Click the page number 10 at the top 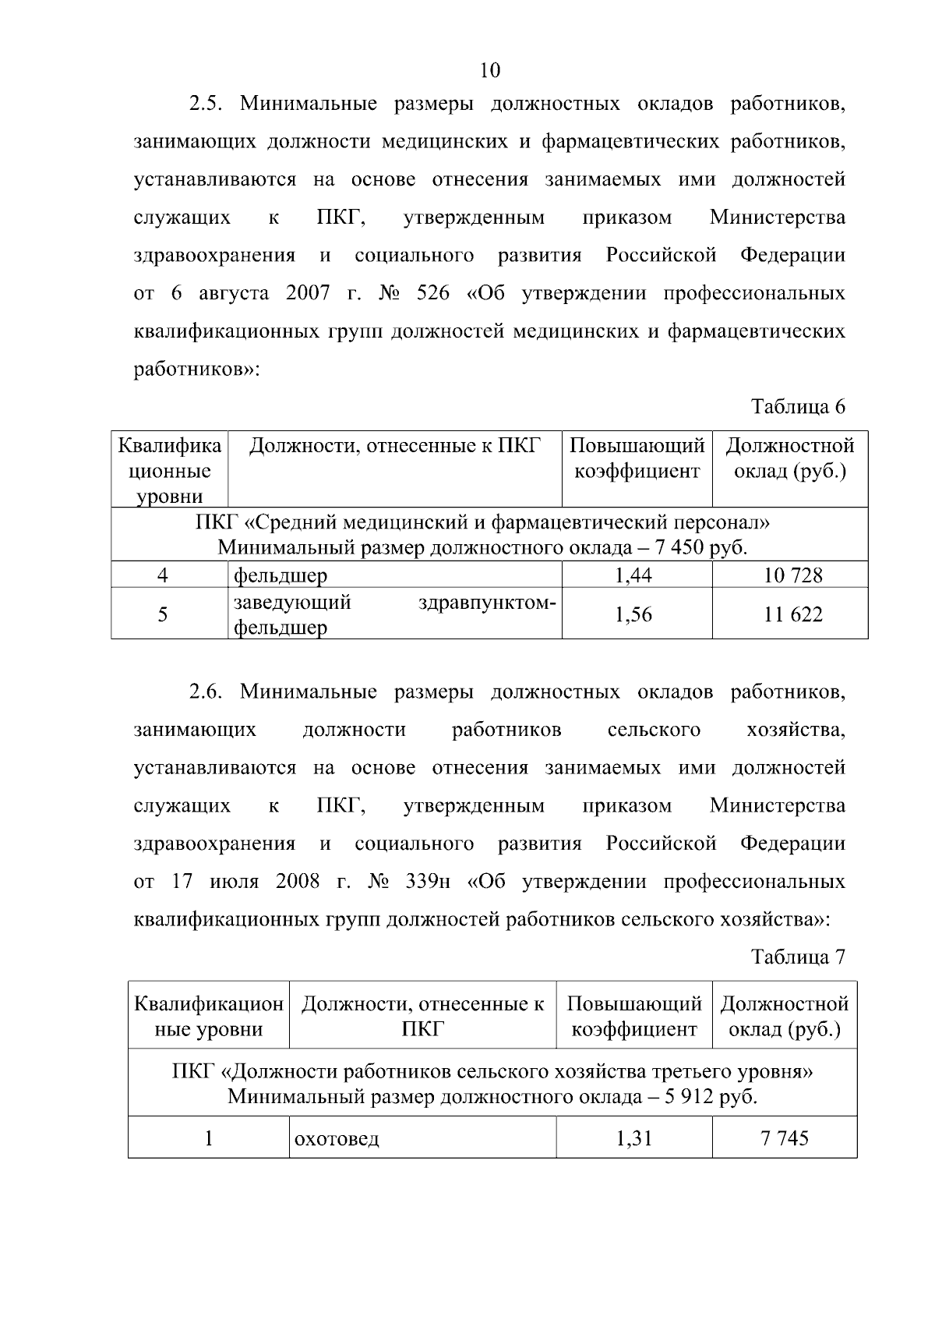pyautogui.click(x=490, y=71)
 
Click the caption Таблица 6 pyautogui.click(x=797, y=406)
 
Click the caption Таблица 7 pyautogui.click(x=797, y=957)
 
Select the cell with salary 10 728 pyautogui.click(x=792, y=575)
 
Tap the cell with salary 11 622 pyautogui.click(x=792, y=614)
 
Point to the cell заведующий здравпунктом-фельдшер pyautogui.click(x=394, y=614)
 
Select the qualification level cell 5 pyautogui.click(x=162, y=614)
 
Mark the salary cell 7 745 pyautogui.click(x=785, y=1138)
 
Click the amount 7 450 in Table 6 pyautogui.click(x=679, y=547)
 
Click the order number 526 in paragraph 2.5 pyautogui.click(x=434, y=294)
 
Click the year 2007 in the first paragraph pyautogui.click(x=308, y=294)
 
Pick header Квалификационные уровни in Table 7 pyautogui.click(x=209, y=1016)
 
